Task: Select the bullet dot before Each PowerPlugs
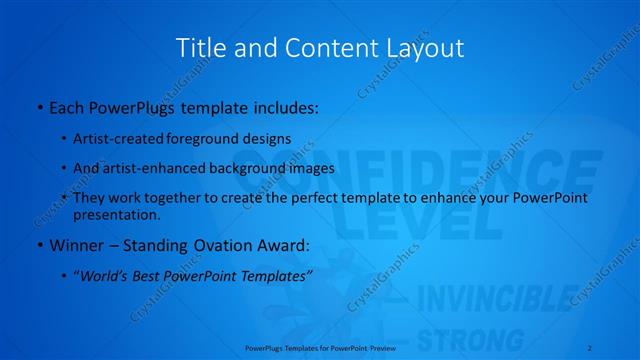38,107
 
